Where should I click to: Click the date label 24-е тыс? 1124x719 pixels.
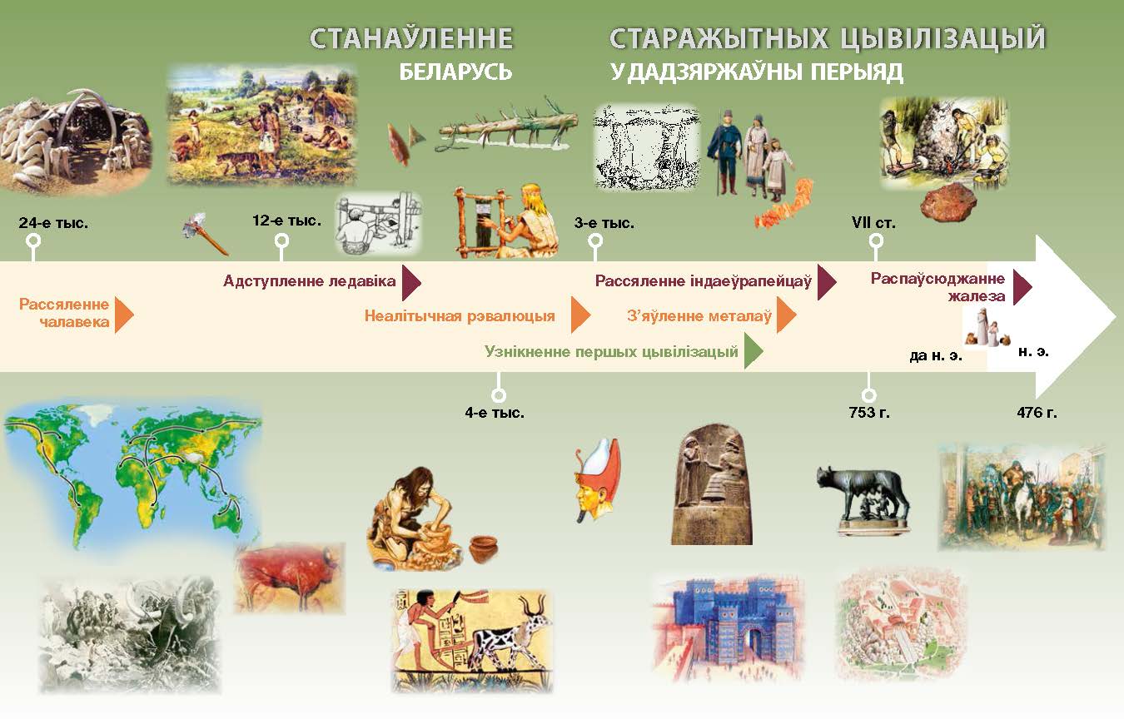click(53, 223)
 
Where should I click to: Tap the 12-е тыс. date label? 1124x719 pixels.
click(286, 221)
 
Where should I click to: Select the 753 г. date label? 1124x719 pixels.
click(869, 413)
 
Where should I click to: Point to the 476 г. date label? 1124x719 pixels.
click(1037, 413)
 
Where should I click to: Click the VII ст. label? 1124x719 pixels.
click(873, 223)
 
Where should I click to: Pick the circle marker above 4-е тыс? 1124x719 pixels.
click(498, 395)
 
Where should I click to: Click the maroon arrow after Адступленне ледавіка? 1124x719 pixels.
click(411, 282)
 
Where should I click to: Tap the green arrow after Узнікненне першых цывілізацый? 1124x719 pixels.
click(753, 352)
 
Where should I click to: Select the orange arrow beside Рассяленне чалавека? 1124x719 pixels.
click(124, 315)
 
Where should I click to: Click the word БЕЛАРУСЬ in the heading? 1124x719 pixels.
click(455, 72)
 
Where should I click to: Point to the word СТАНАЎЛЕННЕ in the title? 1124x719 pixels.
click(411, 38)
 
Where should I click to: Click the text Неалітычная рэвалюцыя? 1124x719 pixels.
click(460, 316)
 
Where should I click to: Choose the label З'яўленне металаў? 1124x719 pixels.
click(699, 316)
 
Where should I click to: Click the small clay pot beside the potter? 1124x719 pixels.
click(484, 549)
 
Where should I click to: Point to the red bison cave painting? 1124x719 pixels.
click(290, 578)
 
